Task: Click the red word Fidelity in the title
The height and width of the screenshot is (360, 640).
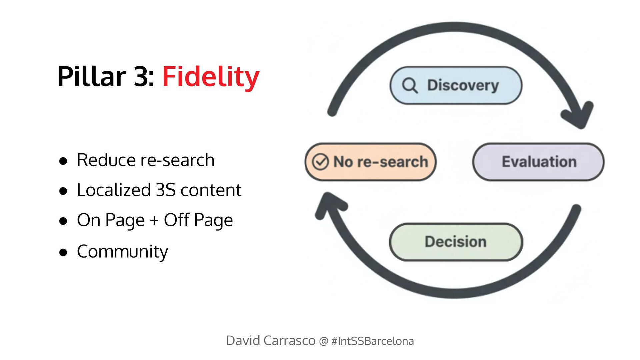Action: click(211, 77)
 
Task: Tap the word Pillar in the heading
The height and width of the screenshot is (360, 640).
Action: click(91, 77)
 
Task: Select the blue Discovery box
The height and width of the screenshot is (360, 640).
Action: click(456, 85)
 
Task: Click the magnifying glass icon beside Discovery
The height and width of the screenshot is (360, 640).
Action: click(410, 85)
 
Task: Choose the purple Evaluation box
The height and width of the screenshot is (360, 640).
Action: click(538, 162)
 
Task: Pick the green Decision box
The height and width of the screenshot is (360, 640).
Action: click(456, 242)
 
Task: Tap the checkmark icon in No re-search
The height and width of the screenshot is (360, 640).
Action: click(320, 162)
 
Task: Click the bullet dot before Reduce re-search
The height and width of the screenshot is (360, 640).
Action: click(63, 161)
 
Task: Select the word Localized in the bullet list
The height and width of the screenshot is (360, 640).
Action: click(114, 190)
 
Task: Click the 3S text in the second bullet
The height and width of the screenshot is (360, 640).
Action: click(166, 190)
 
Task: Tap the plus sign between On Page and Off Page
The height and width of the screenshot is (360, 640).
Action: click(154, 220)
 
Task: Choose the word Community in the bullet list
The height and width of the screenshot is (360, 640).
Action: click(122, 252)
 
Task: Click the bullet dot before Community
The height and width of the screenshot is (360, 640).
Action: click(63, 253)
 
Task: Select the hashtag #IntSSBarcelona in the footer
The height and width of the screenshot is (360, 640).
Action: click(373, 341)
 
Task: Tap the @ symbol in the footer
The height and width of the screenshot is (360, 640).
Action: click(323, 341)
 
